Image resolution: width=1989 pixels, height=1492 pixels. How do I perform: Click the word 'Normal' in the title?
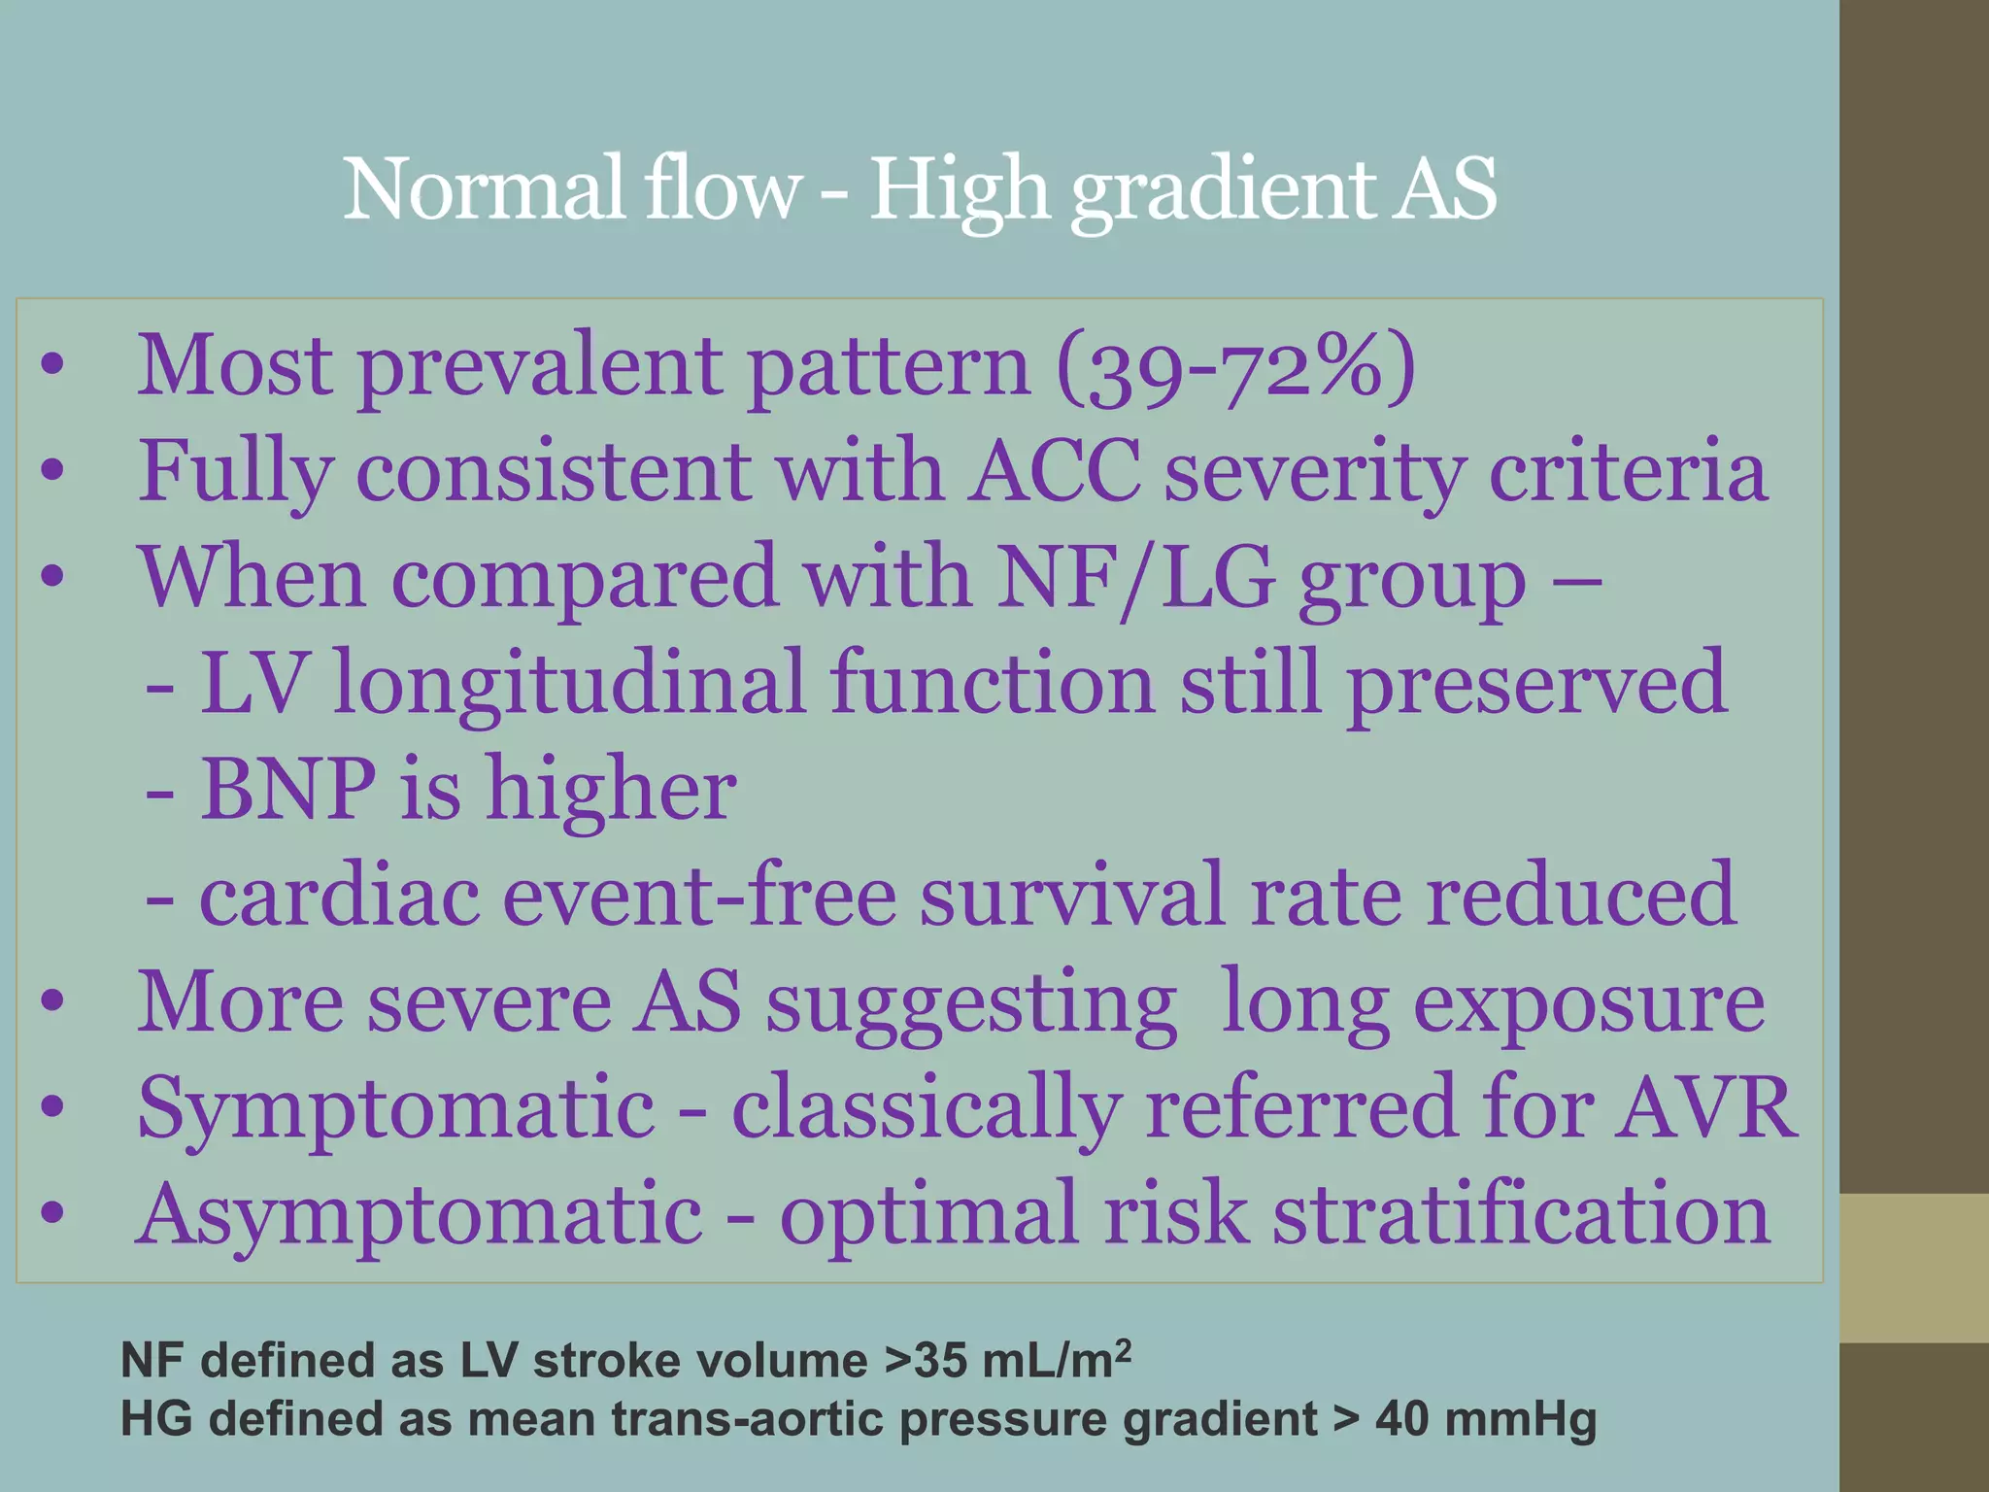point(483,189)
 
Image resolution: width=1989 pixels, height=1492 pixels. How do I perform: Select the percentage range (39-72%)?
point(1235,367)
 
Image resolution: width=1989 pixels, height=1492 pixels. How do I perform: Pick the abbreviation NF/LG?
point(1136,578)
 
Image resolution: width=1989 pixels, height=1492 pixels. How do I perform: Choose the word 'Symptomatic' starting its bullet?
point(396,1109)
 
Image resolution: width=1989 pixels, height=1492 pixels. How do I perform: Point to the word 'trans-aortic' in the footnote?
point(747,1419)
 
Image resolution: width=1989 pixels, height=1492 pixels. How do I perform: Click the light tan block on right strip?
point(1913,1268)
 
